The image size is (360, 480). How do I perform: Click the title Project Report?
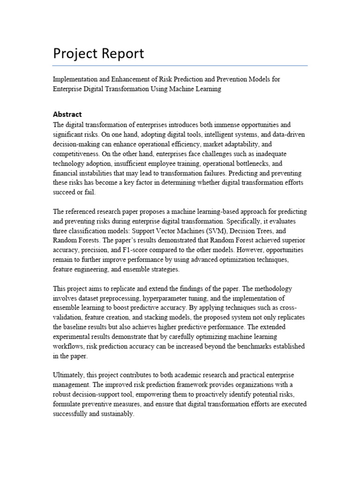98,54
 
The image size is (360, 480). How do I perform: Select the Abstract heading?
67,114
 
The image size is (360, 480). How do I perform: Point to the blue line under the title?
180,66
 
